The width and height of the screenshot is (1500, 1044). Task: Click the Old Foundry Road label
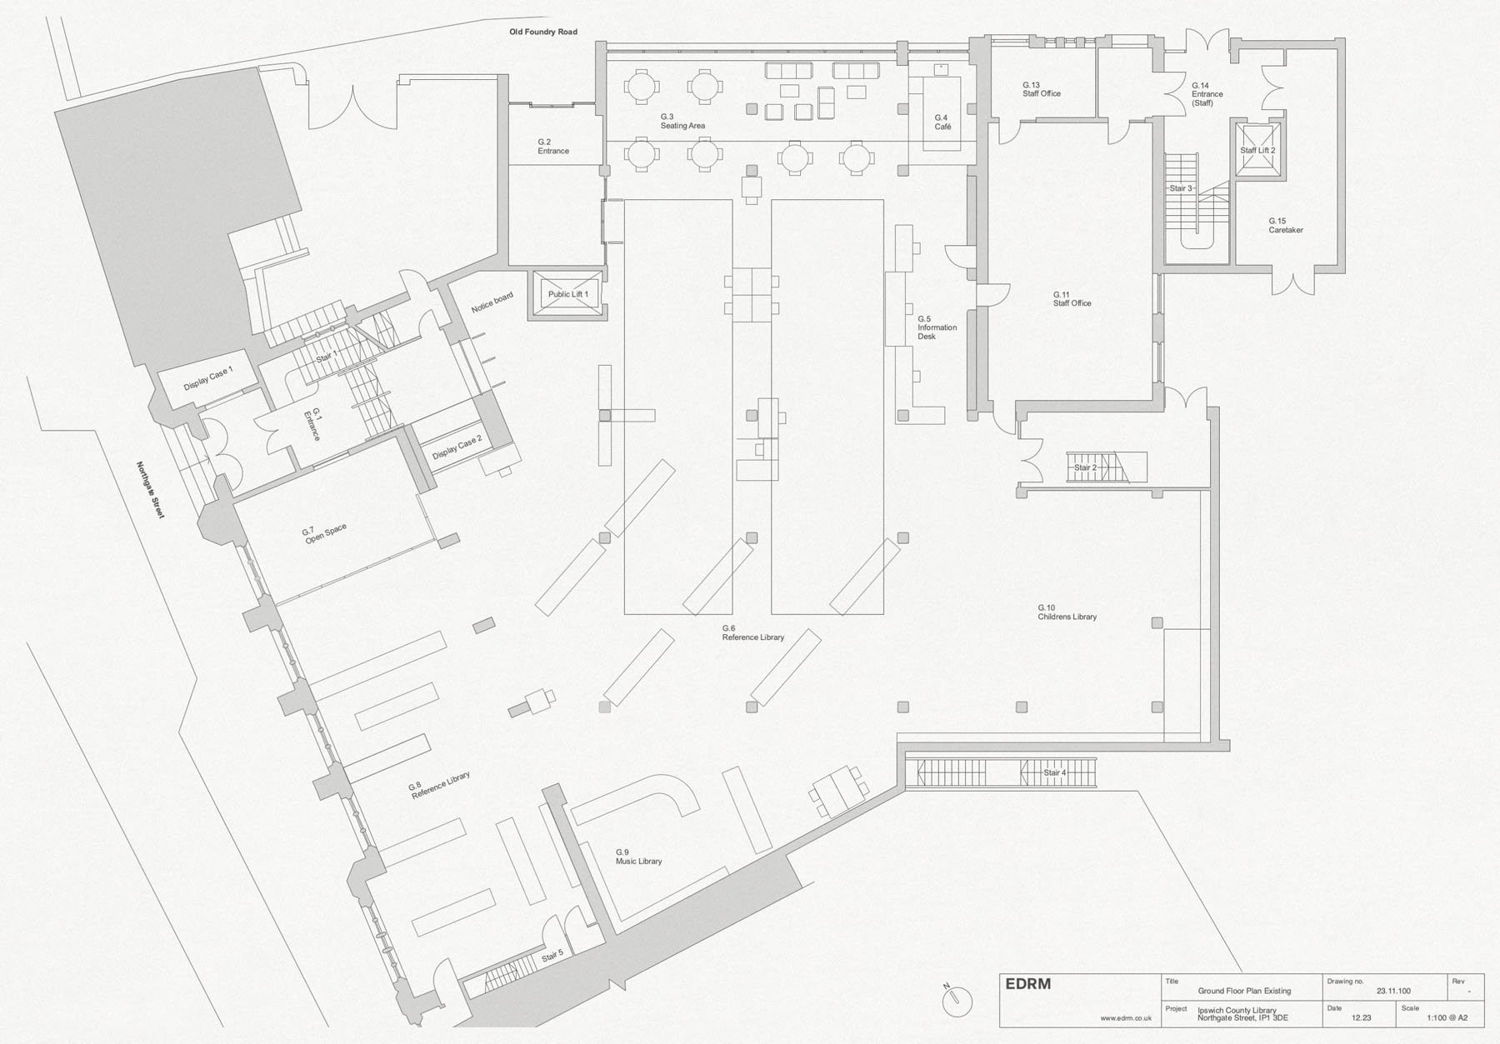[x=543, y=32]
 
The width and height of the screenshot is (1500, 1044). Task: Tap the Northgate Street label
[x=151, y=490]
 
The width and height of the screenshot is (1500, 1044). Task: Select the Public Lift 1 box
[x=567, y=293]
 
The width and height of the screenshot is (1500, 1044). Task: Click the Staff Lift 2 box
[x=1257, y=150]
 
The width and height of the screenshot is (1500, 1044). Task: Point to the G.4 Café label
[x=942, y=122]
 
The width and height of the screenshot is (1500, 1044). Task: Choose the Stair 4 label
[x=1054, y=772]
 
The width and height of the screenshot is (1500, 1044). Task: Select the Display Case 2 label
[x=457, y=447]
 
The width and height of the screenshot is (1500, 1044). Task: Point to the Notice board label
[x=492, y=302]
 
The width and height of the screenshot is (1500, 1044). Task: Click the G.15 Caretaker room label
[x=1286, y=226]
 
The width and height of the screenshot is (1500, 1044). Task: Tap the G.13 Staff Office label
[x=1042, y=89]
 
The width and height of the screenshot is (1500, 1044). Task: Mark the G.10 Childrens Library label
[x=1067, y=612]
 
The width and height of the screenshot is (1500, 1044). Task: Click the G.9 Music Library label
[x=638, y=857]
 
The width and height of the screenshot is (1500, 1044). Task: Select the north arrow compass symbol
[x=959, y=997]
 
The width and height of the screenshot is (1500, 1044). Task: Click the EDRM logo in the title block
[x=1028, y=984]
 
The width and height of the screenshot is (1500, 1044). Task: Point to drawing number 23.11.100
[x=1393, y=991]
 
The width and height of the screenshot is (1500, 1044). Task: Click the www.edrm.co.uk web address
[x=1126, y=1017]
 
